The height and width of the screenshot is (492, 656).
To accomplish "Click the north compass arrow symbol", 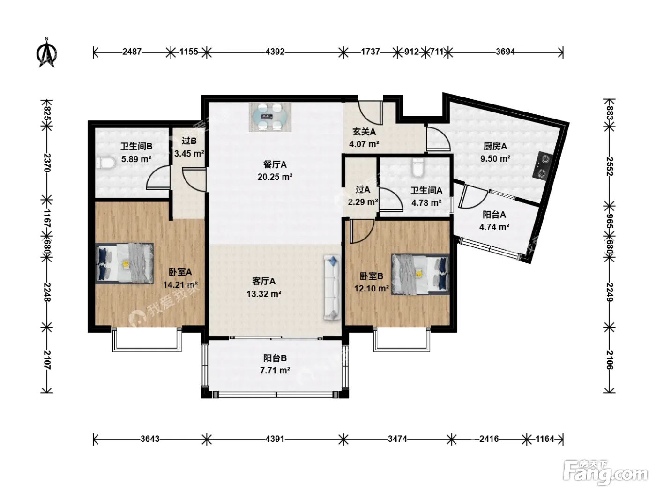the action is pyautogui.click(x=46, y=53).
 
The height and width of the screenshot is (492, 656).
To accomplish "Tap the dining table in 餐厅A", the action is pyautogui.click(x=270, y=117).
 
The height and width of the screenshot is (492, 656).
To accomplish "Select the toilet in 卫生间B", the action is pyautogui.click(x=106, y=164).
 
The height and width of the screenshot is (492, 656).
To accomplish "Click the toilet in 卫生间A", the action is pyautogui.click(x=418, y=168).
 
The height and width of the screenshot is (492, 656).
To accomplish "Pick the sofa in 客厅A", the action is pyautogui.click(x=332, y=288).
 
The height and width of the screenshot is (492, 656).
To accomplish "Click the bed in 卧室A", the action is pyautogui.click(x=124, y=263).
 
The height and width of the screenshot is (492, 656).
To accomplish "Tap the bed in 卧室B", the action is pyautogui.click(x=420, y=274).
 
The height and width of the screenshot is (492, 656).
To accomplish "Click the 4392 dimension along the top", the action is pyautogui.click(x=275, y=52).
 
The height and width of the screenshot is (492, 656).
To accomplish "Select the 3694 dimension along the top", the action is pyautogui.click(x=506, y=52).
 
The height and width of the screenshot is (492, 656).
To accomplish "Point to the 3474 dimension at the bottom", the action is pyautogui.click(x=397, y=439).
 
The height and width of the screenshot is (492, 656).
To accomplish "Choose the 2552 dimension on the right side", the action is pyautogui.click(x=609, y=166).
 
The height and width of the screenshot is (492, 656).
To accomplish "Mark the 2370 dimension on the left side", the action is pyautogui.click(x=47, y=163).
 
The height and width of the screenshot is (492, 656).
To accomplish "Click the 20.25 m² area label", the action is pyautogui.click(x=275, y=177).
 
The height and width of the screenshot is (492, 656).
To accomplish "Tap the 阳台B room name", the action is pyautogui.click(x=275, y=358).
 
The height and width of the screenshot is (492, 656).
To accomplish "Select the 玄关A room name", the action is pyautogui.click(x=364, y=132).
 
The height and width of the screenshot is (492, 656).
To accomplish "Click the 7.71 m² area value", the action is pyautogui.click(x=275, y=371).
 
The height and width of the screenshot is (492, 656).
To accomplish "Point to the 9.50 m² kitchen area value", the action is pyautogui.click(x=495, y=158).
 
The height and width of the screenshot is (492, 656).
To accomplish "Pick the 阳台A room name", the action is pyautogui.click(x=494, y=215).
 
